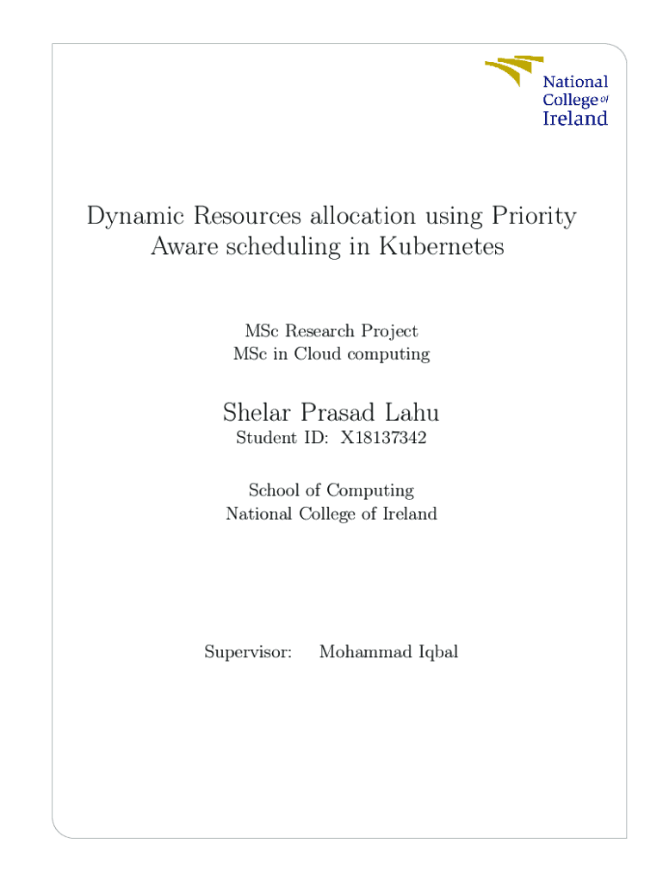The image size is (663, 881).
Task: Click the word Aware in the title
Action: pos(183,248)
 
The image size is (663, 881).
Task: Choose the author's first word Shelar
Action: pos(257,414)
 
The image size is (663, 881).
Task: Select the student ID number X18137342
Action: pos(383,438)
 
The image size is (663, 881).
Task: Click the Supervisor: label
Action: pos(248,652)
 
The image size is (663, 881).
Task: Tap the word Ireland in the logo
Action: pos(574,119)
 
